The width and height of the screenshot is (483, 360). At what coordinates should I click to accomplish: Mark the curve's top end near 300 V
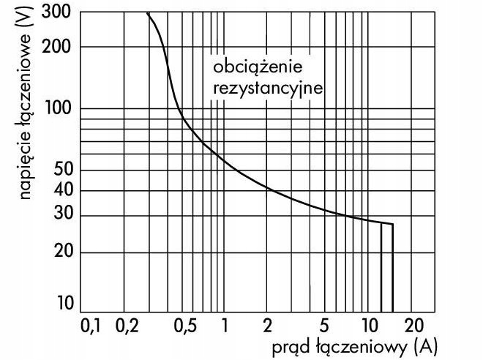click(x=148, y=13)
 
